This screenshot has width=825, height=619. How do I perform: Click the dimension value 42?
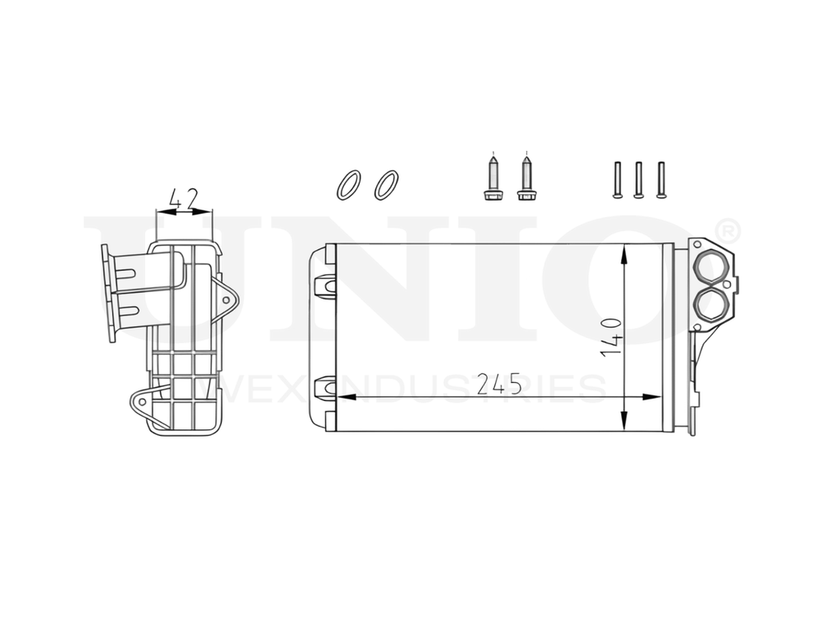[183, 198]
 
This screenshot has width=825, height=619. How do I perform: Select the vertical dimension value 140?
[611, 336]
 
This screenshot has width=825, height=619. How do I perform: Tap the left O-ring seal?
[348, 185]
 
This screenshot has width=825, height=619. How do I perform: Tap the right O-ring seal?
[385, 185]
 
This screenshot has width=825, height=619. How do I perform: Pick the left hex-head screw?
[492, 177]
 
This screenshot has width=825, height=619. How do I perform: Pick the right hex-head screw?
[526, 177]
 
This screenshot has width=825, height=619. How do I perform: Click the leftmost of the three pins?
[616, 179]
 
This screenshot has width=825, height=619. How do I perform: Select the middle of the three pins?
[638, 179]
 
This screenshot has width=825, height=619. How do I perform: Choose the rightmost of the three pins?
[660, 179]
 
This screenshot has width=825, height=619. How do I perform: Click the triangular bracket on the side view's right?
[227, 294]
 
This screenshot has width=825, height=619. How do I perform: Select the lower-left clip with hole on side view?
[140, 402]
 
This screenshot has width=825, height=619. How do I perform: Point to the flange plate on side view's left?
[106, 293]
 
